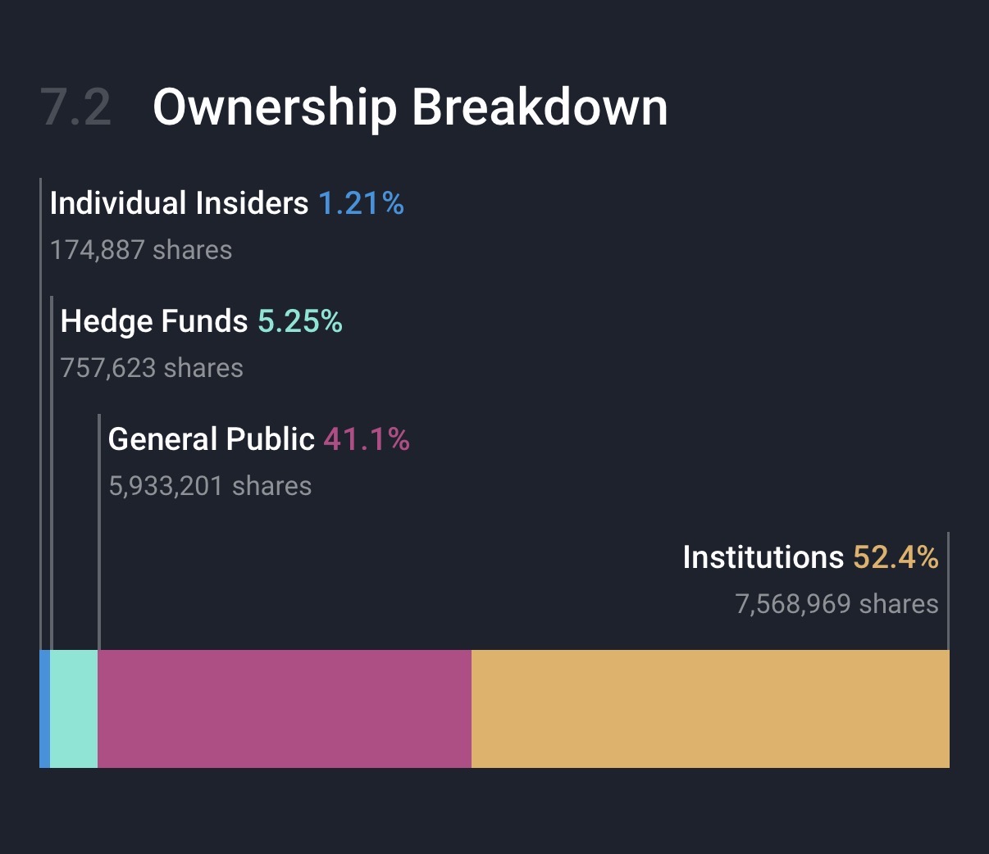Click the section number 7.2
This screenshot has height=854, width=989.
[x=75, y=107]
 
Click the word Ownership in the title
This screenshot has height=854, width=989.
[x=275, y=107]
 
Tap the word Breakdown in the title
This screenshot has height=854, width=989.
[x=540, y=107]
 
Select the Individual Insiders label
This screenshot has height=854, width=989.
[x=179, y=203]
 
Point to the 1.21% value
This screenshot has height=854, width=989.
[x=361, y=203]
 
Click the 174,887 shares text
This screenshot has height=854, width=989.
[x=141, y=250]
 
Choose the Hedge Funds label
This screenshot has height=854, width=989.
[x=154, y=321]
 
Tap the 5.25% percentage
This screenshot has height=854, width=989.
[x=300, y=321]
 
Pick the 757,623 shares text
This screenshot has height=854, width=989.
[x=152, y=368]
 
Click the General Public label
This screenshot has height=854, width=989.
[x=211, y=439]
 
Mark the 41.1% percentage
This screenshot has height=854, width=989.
[x=367, y=439]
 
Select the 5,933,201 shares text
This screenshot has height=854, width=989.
[x=210, y=486]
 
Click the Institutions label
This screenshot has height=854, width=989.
[x=763, y=557]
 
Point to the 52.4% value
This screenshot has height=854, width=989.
[x=896, y=557]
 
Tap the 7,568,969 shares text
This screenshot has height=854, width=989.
[x=836, y=604]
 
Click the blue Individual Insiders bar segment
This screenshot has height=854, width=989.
[x=45, y=709]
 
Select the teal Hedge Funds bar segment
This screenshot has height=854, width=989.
[x=74, y=709]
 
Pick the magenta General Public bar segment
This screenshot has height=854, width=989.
[x=285, y=709]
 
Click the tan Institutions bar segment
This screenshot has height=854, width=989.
[x=710, y=709]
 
